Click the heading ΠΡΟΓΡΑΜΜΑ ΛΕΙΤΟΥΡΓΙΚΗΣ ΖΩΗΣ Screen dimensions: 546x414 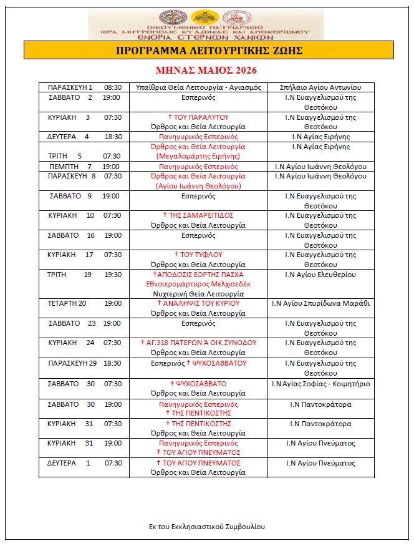click(209, 50)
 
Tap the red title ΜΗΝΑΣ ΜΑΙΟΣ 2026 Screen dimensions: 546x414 click(206, 70)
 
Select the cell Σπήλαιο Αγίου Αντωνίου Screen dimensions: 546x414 click(321, 87)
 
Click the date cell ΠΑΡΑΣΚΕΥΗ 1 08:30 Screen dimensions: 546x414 click(84, 87)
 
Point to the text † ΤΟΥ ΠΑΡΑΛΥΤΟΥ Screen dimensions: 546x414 click(199, 117)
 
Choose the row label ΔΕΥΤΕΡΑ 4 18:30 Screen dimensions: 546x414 click(84, 137)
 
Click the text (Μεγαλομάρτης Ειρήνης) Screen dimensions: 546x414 click(199, 156)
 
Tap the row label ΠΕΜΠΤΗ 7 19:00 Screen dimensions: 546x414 click(84, 167)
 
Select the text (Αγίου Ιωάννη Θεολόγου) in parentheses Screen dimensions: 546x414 click(199, 186)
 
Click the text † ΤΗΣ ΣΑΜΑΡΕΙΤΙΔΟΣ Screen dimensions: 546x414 click(199, 215)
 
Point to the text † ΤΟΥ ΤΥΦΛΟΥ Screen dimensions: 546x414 click(199, 255)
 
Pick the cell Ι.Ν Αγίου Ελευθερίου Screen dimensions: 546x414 click(321, 275)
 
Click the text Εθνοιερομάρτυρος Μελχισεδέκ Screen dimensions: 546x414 click(199, 284)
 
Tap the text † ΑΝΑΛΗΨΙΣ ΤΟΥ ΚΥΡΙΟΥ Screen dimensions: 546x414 click(199, 303)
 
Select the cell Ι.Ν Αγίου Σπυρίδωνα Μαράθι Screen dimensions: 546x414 click(321, 303)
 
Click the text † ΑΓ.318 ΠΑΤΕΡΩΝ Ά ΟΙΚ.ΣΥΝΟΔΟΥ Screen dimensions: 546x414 click(199, 343)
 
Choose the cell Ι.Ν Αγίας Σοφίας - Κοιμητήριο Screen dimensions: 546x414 click(321, 384)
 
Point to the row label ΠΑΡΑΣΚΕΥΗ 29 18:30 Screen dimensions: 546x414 click(84, 363)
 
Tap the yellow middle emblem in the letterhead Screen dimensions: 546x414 click(206, 17)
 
